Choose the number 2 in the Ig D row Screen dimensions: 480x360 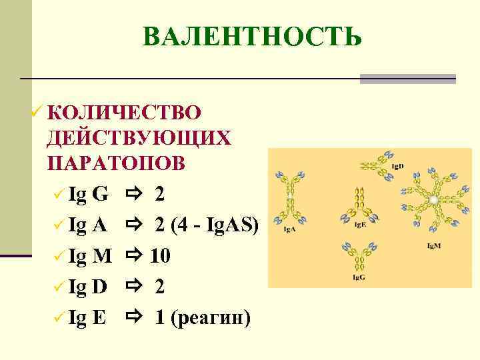click(x=160, y=287)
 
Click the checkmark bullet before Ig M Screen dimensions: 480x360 click(x=59, y=257)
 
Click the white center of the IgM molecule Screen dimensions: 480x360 click(x=434, y=199)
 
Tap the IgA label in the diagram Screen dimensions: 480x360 click(x=289, y=229)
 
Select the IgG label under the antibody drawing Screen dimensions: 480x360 click(x=359, y=277)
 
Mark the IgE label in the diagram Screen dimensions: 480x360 click(x=359, y=225)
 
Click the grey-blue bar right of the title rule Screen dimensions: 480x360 click(x=408, y=79)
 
